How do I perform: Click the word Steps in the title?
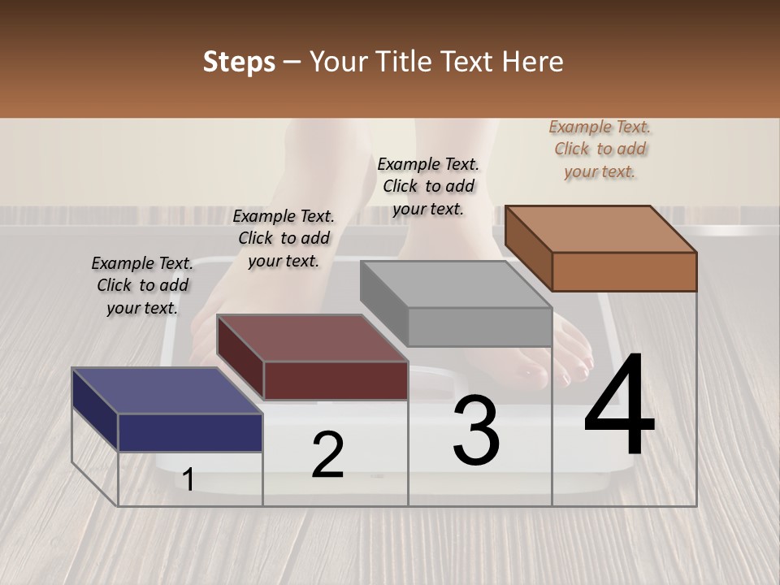point(238,62)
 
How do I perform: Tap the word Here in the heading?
point(532,62)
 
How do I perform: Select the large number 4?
point(619,406)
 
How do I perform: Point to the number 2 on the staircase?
point(327,455)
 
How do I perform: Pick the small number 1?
point(188,479)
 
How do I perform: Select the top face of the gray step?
point(456,284)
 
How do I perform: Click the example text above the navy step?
point(142,285)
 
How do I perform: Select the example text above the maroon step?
point(284,238)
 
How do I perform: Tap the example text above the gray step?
point(428,186)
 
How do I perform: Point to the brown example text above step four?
point(600,149)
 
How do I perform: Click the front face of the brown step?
point(624,271)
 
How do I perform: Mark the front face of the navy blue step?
point(190,432)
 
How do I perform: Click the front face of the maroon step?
point(336,380)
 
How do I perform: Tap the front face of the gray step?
point(479,327)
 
